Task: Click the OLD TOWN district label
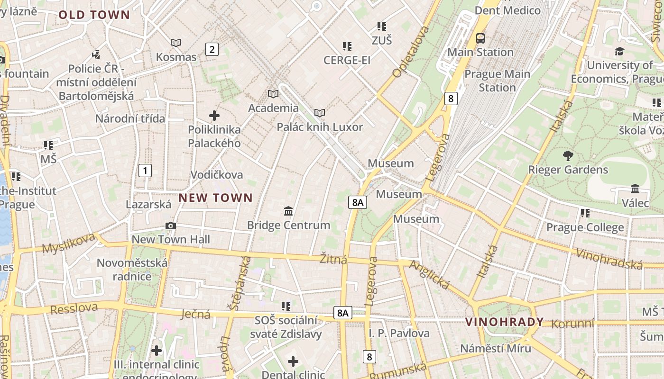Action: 94,15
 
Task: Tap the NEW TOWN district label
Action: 216,198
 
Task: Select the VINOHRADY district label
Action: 504,322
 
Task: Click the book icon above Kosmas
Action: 176,43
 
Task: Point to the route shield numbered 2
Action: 212,49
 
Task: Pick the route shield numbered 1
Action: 145,171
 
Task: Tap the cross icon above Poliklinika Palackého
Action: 214,115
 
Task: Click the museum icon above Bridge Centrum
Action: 288,211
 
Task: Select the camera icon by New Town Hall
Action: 171,226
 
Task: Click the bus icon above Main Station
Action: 480,38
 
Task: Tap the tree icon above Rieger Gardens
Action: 568,155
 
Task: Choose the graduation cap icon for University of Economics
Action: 619,51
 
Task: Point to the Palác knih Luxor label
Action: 320,127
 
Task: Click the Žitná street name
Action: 333,259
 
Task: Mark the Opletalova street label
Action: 411,52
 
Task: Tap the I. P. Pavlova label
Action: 399,333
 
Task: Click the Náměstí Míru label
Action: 496,348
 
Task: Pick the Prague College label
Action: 585,227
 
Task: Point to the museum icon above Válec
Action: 635,189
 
